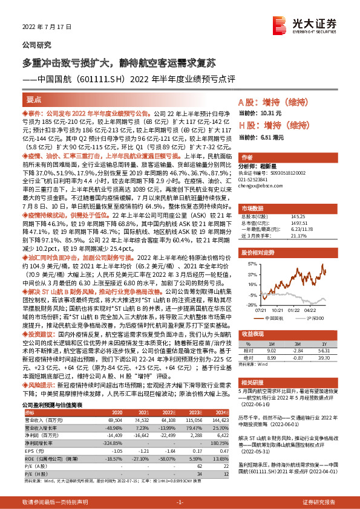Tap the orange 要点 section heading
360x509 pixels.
coord(34,99)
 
